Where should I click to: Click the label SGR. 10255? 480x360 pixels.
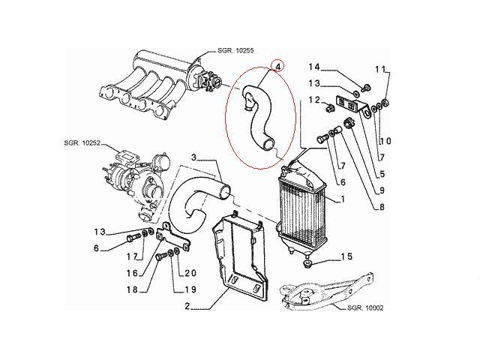click(x=235, y=50)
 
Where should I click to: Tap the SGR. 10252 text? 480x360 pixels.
click(x=82, y=142)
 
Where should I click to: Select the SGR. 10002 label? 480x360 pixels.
click(x=365, y=307)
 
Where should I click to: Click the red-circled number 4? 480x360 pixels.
click(x=278, y=66)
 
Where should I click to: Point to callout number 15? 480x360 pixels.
click(x=346, y=256)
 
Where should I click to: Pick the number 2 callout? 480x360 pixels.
click(x=187, y=306)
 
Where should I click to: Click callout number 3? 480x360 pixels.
click(x=193, y=157)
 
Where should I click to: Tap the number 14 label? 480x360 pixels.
click(x=313, y=67)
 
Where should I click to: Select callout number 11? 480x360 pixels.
click(x=380, y=70)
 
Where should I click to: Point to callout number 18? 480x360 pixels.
click(x=133, y=289)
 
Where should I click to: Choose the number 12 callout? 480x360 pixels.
click(x=314, y=100)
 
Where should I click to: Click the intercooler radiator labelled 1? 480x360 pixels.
click(x=303, y=211)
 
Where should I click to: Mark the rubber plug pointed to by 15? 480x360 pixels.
click(x=307, y=265)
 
